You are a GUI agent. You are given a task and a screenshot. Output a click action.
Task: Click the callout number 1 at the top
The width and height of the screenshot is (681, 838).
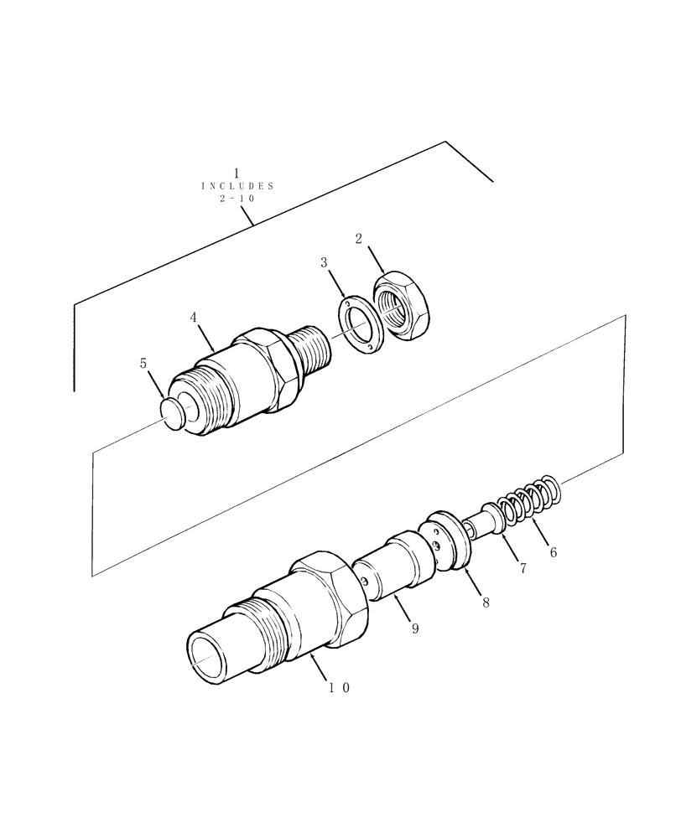[237, 172]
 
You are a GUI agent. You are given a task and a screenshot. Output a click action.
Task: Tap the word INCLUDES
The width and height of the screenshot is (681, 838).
[237, 185]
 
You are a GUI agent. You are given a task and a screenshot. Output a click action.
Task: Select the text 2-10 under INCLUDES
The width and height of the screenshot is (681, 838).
[237, 199]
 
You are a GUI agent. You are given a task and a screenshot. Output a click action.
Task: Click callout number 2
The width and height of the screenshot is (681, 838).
[358, 239]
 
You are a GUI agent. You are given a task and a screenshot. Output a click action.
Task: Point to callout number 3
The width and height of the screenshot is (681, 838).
[323, 263]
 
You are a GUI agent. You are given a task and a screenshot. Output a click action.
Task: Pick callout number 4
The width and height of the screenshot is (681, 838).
[193, 318]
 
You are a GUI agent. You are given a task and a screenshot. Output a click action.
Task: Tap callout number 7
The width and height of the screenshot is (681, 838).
[522, 568]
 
